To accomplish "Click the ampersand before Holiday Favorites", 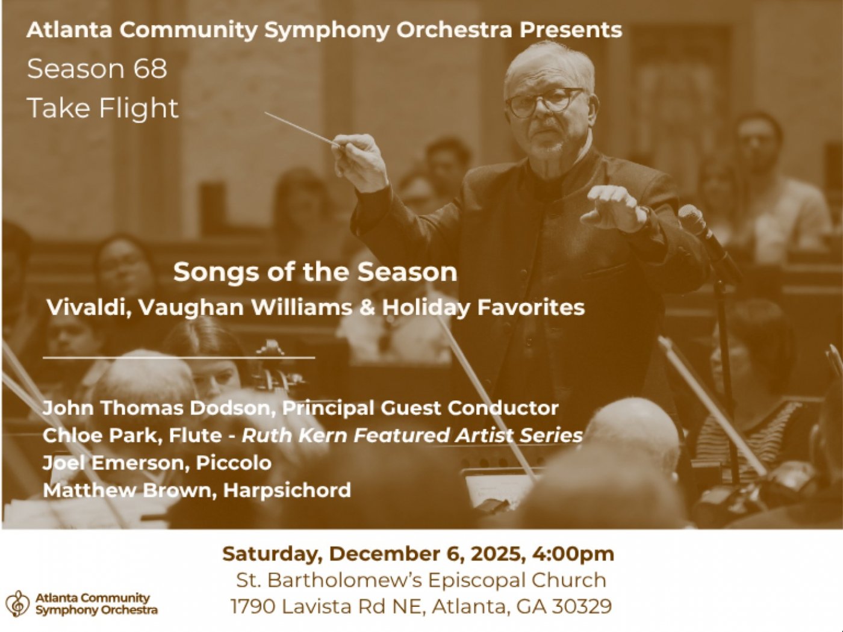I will pyautogui.click(x=367, y=308).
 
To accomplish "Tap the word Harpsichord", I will pyautogui.click(x=287, y=490).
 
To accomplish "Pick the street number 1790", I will pyautogui.click(x=252, y=606).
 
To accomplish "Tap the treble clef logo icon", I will pyautogui.click(x=18, y=603).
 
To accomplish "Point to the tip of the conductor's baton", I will pyautogui.click(x=267, y=113).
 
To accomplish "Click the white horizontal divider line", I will pyautogui.click(x=179, y=358).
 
